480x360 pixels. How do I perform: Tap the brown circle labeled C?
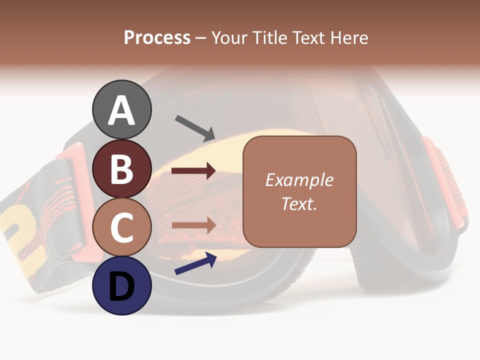(122, 227)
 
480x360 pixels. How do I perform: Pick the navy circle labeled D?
(122, 285)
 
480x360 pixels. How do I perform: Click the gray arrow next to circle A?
(195, 127)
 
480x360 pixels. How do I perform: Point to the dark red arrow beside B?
(193, 171)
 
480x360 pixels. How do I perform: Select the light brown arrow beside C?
(193, 225)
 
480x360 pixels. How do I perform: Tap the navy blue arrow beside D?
(195, 263)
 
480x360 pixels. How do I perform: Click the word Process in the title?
(157, 38)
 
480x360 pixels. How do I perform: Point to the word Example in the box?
(299, 180)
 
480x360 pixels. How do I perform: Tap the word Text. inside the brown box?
(299, 204)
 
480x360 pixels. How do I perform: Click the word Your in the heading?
(228, 38)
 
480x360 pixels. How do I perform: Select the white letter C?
(121, 228)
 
